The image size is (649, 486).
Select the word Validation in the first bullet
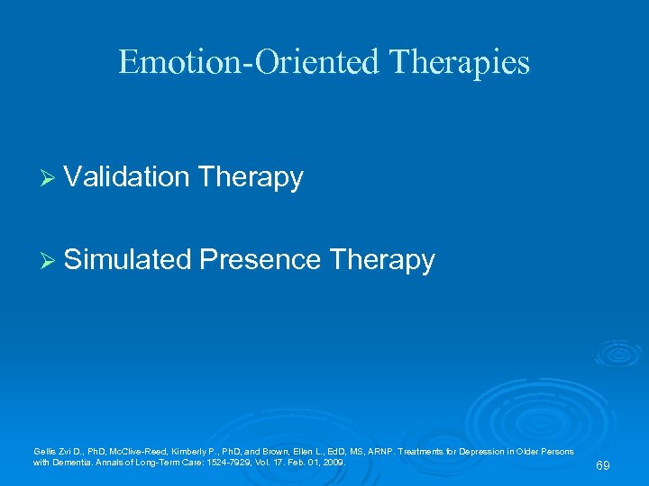(x=126, y=177)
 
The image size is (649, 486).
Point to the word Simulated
(x=128, y=260)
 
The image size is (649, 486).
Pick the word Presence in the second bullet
(x=261, y=260)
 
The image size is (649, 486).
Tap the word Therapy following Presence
(x=382, y=260)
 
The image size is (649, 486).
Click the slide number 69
(x=603, y=465)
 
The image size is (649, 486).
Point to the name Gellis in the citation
(x=42, y=451)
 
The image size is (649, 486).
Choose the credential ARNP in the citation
(x=374, y=451)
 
